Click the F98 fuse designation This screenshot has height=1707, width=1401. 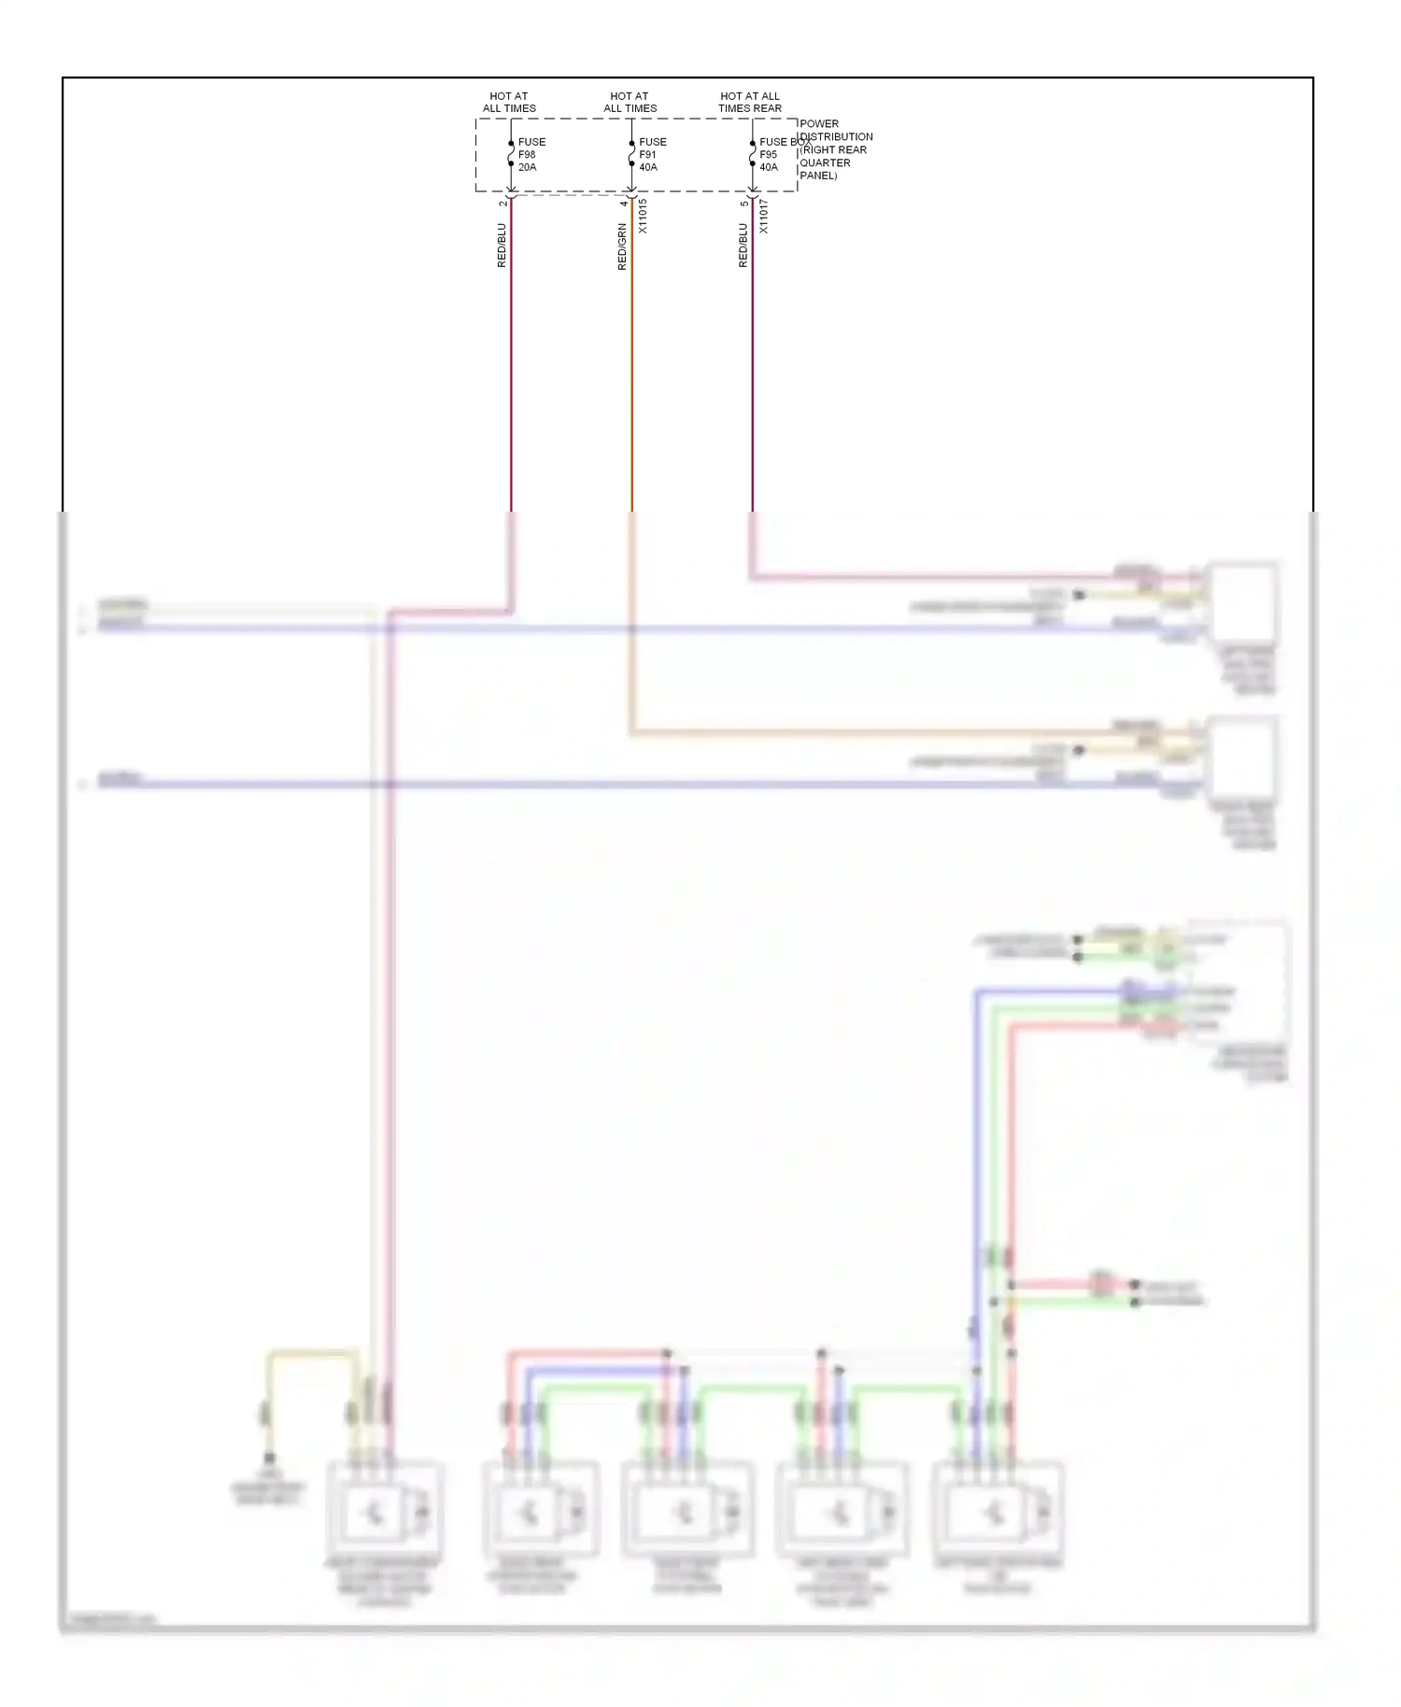[x=527, y=155]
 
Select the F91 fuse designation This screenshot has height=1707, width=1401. [x=647, y=155]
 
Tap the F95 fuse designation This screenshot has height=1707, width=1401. [x=768, y=155]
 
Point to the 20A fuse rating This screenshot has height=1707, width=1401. [x=527, y=168]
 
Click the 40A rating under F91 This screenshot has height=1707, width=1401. [x=648, y=168]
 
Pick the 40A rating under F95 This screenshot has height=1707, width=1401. [x=769, y=168]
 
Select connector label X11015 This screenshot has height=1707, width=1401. [x=643, y=216]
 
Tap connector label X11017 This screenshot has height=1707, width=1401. [x=763, y=216]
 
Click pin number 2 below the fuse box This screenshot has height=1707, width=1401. [x=502, y=203]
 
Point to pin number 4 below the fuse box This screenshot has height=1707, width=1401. [x=623, y=203]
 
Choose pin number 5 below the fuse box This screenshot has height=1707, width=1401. [x=743, y=203]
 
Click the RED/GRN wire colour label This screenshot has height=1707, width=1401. [x=622, y=247]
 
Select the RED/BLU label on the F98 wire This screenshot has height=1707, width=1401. [x=502, y=246]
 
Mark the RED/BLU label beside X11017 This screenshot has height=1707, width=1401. [x=743, y=246]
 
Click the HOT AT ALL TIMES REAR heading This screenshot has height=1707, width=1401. [x=750, y=102]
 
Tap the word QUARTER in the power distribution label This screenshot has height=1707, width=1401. [x=825, y=162]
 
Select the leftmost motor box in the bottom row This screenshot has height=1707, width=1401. [x=384, y=1511]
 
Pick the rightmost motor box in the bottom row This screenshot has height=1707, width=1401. [x=998, y=1511]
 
